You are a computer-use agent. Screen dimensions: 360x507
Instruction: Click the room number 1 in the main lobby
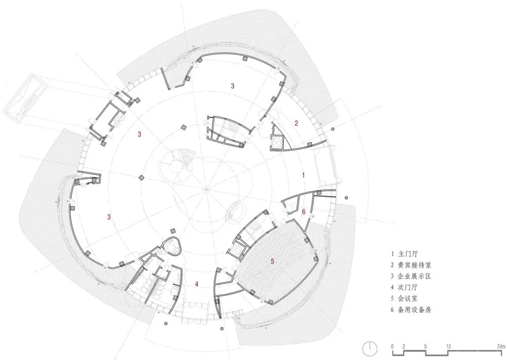click(x=303, y=175)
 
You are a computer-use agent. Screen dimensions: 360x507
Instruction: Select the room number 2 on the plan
click(x=297, y=123)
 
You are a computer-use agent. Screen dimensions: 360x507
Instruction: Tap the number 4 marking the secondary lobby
click(x=197, y=284)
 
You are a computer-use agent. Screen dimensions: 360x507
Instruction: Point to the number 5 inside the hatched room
click(x=272, y=261)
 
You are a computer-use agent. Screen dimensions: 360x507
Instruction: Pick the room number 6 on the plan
click(x=304, y=212)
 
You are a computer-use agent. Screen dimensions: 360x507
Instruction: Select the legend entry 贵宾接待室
click(x=413, y=265)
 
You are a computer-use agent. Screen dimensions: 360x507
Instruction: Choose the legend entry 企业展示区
click(x=413, y=277)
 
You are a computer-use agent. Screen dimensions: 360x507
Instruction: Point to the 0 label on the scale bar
click(x=392, y=346)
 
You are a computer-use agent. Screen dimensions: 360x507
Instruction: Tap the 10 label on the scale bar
click(x=448, y=346)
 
